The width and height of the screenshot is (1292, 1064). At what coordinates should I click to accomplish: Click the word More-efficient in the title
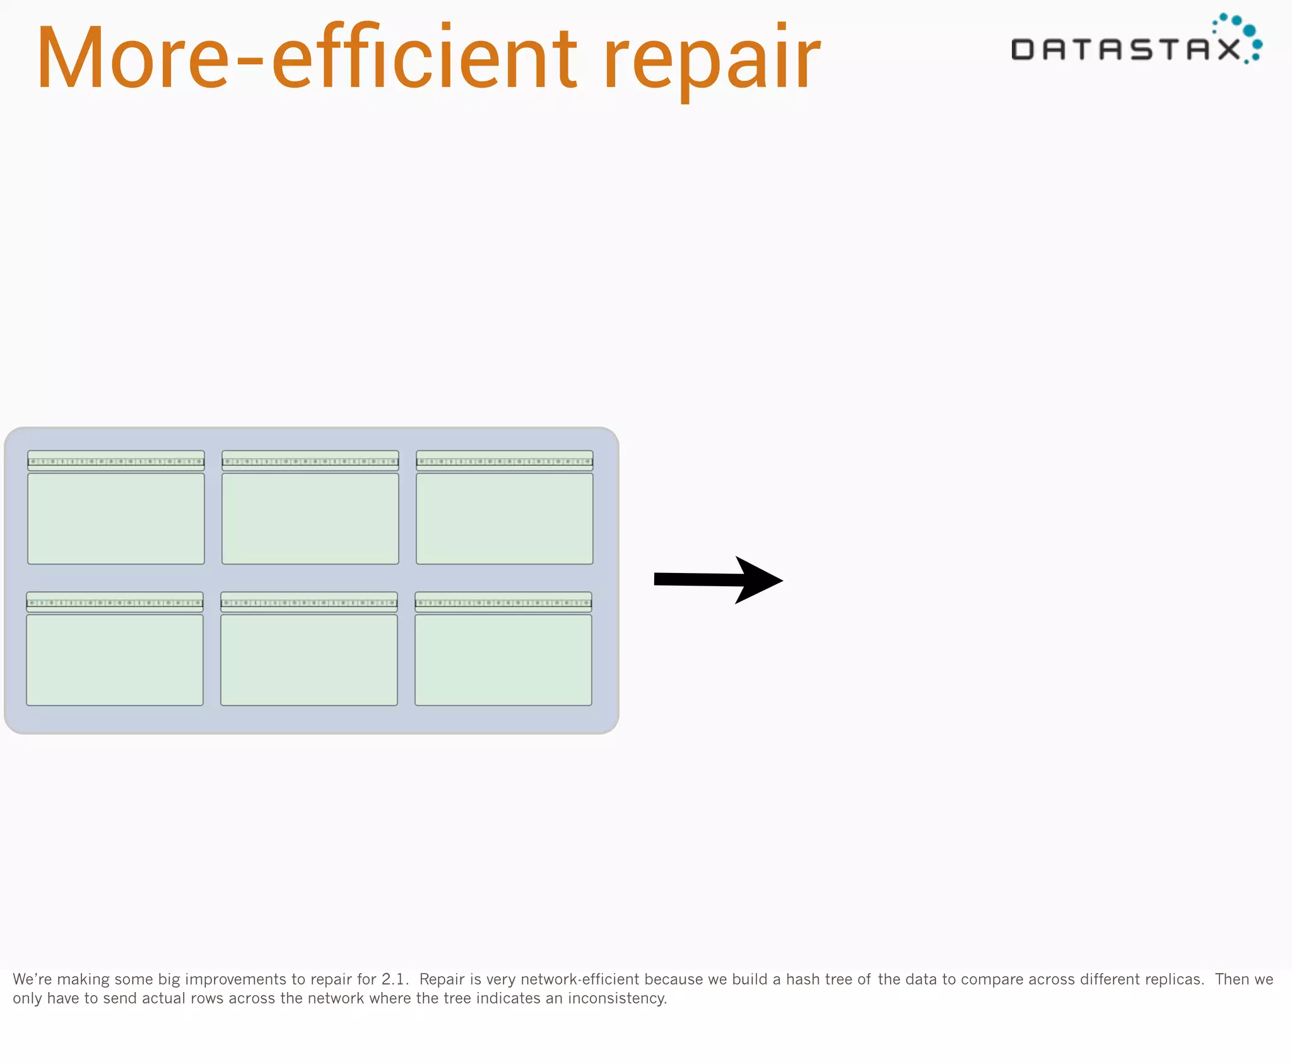click(306, 58)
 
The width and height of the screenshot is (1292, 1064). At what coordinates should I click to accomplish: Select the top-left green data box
click(116, 518)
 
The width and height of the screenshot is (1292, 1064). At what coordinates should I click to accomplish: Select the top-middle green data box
click(310, 518)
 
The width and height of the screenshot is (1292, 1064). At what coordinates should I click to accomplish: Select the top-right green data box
click(505, 518)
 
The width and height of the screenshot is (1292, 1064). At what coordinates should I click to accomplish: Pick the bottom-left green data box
click(115, 659)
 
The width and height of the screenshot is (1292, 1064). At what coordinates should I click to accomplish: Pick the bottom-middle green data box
click(309, 659)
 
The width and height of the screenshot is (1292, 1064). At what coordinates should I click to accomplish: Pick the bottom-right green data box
click(503, 659)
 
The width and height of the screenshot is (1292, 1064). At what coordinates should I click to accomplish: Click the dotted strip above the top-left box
click(116, 461)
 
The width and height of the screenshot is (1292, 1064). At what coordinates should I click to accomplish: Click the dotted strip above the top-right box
click(505, 461)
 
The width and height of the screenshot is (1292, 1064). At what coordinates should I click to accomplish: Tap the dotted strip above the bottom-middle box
click(309, 603)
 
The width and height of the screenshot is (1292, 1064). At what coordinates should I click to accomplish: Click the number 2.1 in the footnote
click(395, 979)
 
